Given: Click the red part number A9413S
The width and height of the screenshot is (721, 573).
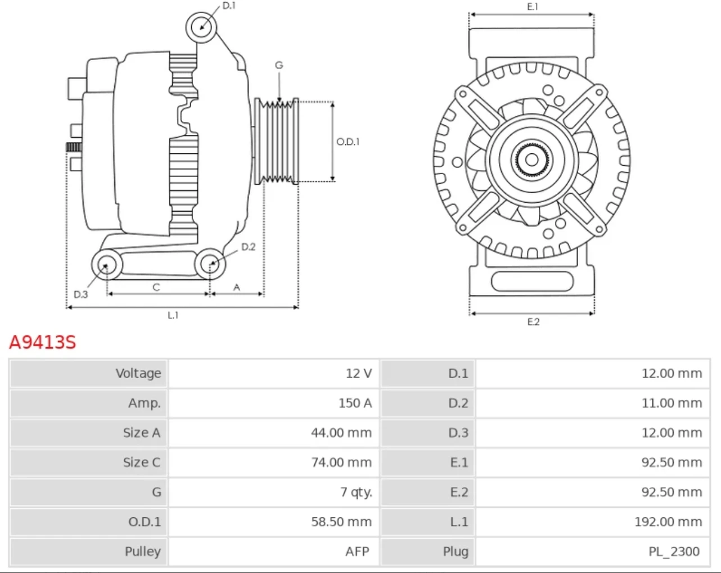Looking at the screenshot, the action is click(x=43, y=342).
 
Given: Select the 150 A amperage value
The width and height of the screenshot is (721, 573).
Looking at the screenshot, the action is click(x=355, y=403).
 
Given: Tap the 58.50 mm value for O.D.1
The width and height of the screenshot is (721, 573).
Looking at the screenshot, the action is click(x=341, y=522).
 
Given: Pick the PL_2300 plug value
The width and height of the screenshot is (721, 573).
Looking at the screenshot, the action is click(x=674, y=552).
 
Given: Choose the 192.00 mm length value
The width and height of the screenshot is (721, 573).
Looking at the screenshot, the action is click(x=668, y=522).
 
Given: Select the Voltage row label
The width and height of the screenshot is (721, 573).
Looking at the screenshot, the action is click(x=138, y=374).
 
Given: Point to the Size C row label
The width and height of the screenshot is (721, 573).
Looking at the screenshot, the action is click(x=142, y=462).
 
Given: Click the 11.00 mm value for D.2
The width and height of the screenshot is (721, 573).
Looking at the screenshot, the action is click(x=672, y=403).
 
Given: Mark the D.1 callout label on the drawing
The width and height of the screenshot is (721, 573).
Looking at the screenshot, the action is click(x=229, y=6).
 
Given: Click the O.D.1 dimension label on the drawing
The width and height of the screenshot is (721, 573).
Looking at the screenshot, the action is click(x=348, y=142).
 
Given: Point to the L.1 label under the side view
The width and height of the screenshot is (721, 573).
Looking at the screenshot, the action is click(x=173, y=315).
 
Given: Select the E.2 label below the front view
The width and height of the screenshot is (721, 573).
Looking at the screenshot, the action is click(x=533, y=322).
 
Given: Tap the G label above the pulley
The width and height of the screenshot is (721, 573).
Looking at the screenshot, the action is click(x=279, y=65).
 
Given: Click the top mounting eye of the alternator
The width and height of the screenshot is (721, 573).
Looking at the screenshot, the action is click(x=201, y=28).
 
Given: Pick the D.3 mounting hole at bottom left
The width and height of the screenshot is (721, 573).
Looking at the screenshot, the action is click(x=107, y=265).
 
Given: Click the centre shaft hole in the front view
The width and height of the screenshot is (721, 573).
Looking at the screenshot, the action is click(x=531, y=160).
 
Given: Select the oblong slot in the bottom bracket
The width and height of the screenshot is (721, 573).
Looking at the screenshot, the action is click(x=532, y=281).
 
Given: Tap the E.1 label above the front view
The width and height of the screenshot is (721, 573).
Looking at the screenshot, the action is click(x=533, y=7).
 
